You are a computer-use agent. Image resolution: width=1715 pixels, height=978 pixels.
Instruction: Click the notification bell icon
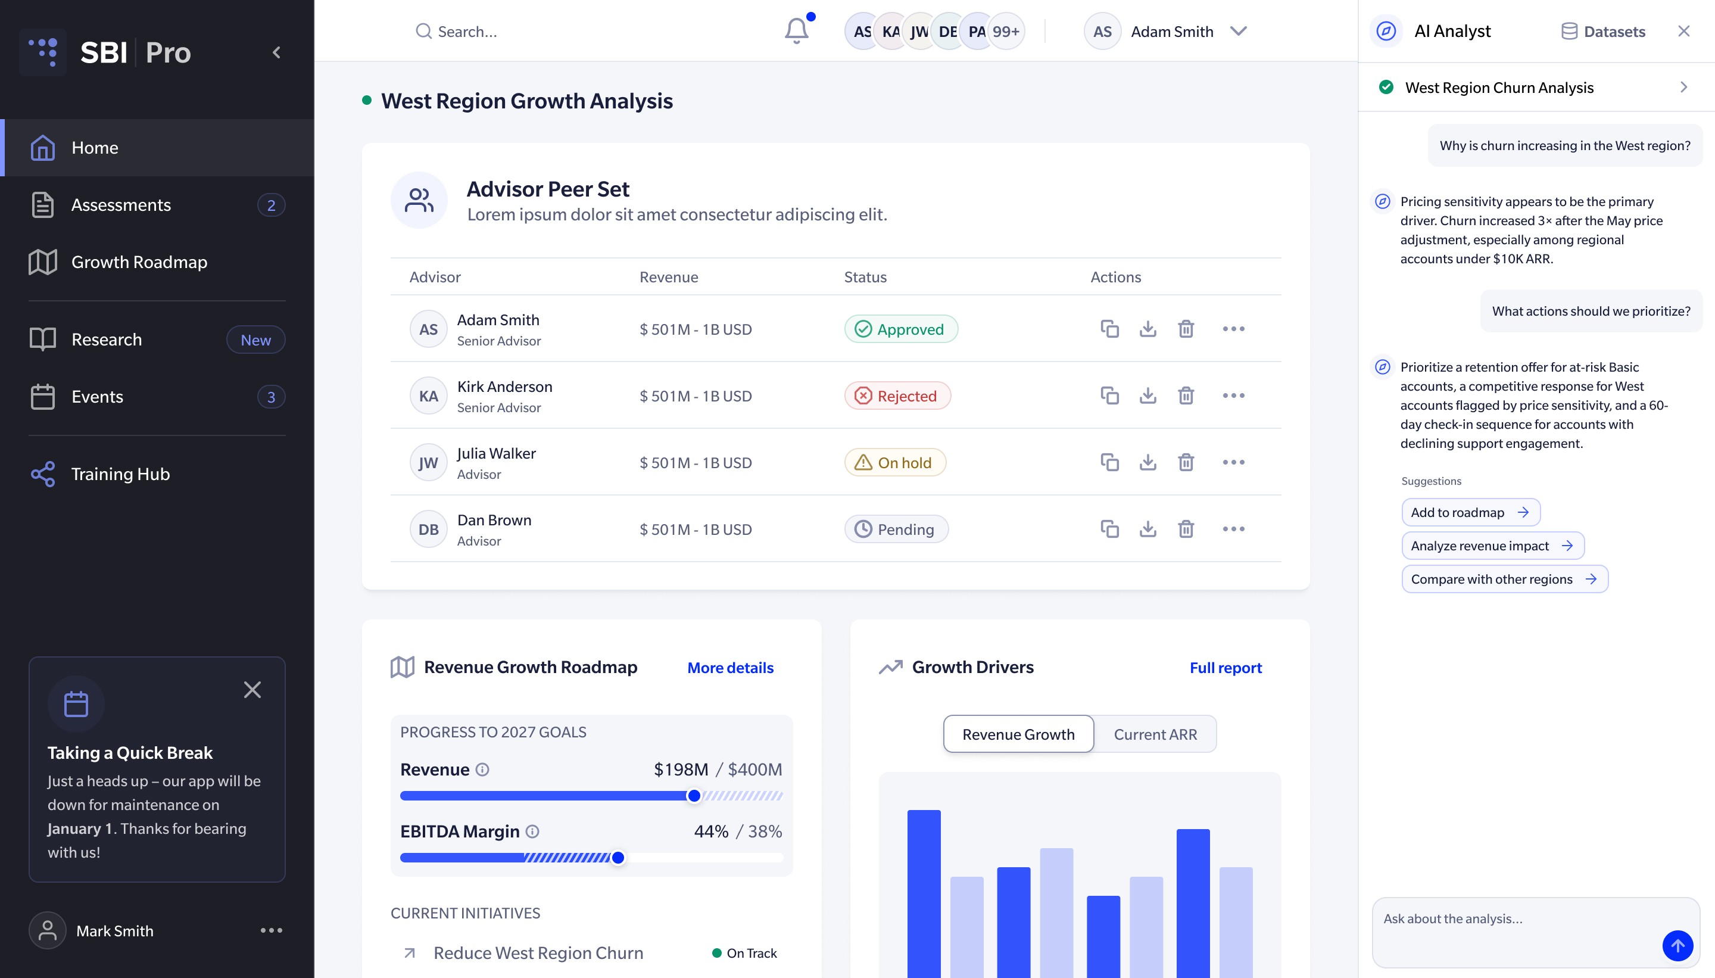tap(796, 31)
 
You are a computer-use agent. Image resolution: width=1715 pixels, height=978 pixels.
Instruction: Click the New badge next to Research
tap(256, 340)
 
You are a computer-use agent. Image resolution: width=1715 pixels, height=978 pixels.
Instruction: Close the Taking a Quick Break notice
tap(252, 690)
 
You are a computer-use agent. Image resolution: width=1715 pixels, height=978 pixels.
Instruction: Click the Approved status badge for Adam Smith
tap(901, 329)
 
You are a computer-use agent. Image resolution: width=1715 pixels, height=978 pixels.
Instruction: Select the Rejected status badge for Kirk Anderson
tap(898, 395)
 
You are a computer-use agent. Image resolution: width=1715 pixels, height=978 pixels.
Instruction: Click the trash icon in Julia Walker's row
tap(1186, 462)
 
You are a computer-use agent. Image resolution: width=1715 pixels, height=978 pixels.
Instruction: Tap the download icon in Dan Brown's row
tap(1148, 529)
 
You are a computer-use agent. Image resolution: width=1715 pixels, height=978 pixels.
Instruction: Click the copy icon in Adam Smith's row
tap(1109, 328)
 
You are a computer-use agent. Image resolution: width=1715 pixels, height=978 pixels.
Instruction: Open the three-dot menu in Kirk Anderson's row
tap(1233, 395)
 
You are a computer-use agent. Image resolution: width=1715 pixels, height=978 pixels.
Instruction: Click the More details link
tap(731, 668)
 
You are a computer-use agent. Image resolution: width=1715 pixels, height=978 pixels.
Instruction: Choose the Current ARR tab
tap(1155, 734)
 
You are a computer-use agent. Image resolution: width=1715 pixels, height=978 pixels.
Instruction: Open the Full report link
tap(1226, 668)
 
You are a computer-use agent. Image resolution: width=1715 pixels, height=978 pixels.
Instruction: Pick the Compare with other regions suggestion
tap(1505, 579)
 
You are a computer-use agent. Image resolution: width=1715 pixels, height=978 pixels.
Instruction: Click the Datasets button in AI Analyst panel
tap(1603, 32)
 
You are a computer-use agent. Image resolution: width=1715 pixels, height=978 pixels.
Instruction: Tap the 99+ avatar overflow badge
tap(1006, 32)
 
